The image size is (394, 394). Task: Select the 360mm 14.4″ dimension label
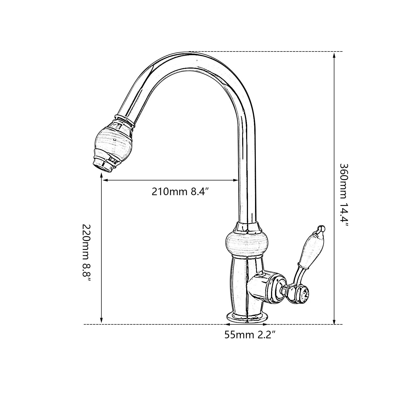click(344, 195)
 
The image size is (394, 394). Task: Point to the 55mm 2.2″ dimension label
click(250, 335)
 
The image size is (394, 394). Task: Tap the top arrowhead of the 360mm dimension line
click(334, 55)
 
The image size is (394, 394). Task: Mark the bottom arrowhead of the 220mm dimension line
click(102, 321)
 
